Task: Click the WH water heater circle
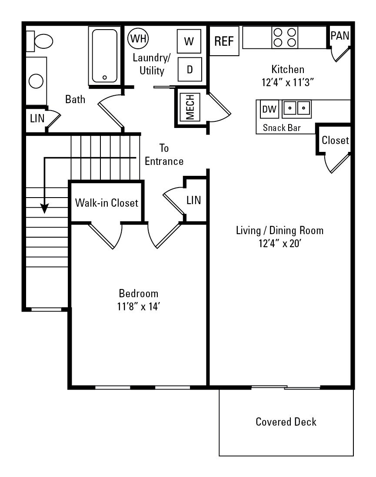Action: [138, 38]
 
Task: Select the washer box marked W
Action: [189, 41]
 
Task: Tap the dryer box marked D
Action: [190, 69]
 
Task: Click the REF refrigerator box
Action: [224, 42]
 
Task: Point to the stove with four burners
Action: [285, 37]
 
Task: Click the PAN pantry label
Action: [340, 36]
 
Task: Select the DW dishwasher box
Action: [270, 109]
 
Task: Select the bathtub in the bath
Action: [104, 55]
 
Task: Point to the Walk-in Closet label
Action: [106, 203]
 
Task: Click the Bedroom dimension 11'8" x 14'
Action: [139, 306]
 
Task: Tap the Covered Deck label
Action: [286, 422]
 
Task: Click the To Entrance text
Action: [164, 155]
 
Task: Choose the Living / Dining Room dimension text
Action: [280, 243]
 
